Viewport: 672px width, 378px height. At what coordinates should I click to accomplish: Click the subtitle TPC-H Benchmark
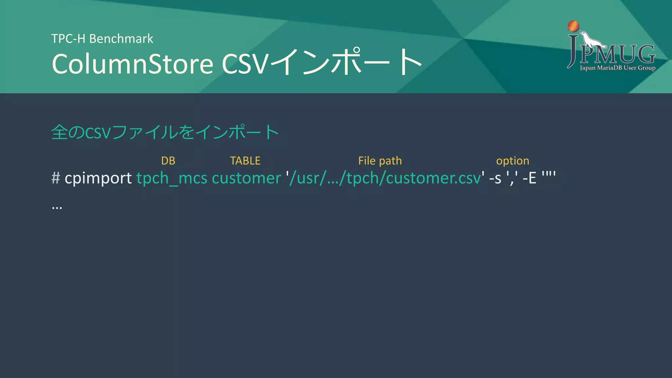(102, 39)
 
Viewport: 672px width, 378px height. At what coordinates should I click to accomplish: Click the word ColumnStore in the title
(133, 64)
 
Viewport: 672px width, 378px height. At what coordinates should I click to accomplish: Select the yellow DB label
(168, 161)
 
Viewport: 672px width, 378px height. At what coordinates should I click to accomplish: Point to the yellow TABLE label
(245, 161)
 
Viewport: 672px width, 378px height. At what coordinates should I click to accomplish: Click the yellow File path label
(380, 161)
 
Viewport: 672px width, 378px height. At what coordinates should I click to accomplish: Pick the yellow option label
(513, 161)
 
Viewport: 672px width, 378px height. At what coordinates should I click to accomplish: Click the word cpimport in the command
(98, 178)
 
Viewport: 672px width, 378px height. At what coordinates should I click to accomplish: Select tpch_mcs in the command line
(172, 178)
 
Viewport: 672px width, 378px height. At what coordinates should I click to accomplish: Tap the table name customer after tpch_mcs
(246, 178)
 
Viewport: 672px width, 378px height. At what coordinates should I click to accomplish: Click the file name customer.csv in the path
(433, 178)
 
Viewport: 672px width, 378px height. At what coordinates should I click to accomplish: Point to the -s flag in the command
(495, 178)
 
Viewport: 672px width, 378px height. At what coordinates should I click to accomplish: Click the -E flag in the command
(529, 178)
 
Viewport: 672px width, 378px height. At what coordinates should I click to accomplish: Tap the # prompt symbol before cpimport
(55, 178)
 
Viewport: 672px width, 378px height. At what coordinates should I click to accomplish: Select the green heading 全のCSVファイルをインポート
(165, 132)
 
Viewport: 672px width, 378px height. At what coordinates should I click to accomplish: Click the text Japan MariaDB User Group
(618, 68)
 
